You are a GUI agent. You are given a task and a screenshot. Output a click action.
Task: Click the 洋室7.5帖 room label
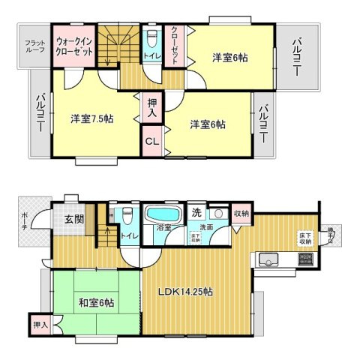(92, 119)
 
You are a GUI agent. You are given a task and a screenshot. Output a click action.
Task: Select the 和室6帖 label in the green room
(95, 303)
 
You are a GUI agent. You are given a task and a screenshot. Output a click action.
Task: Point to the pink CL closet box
(151, 140)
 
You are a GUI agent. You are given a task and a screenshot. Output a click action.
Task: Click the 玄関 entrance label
(73, 219)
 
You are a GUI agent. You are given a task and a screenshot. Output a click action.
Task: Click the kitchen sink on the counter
(268, 261)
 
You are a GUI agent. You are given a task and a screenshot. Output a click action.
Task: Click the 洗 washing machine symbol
(196, 212)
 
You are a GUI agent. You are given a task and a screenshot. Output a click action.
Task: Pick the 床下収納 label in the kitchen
(305, 238)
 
